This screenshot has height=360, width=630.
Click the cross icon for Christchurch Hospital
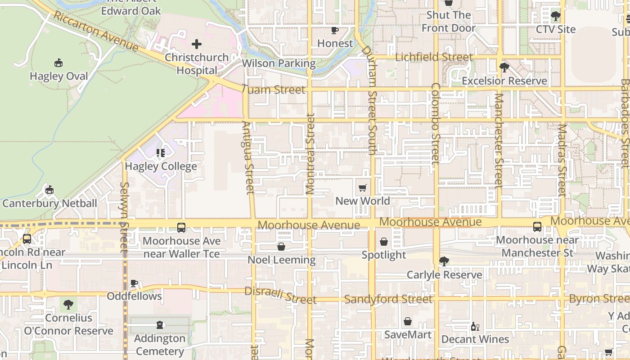(197, 44)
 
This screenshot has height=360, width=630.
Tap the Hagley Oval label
(59, 76)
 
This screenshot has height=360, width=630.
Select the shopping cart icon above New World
(363, 188)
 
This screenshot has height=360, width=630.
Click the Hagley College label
(161, 166)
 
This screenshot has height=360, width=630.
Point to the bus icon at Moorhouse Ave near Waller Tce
(181, 228)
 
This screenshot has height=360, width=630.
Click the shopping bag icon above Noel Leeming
(281, 247)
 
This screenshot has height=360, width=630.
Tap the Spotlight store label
(384, 255)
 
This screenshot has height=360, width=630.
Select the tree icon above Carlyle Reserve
(444, 261)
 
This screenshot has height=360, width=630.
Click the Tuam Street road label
(273, 90)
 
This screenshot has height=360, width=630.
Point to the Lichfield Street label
(434, 57)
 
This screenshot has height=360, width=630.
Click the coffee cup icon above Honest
(335, 30)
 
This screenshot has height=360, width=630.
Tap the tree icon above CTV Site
(556, 16)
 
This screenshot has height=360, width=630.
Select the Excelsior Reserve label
(504, 81)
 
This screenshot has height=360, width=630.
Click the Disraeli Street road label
(280, 295)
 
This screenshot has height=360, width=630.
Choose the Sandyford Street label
(388, 299)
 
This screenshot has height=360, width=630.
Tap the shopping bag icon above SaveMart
(408, 321)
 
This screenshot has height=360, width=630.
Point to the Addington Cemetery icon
(160, 325)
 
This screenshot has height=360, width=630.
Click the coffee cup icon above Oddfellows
(134, 283)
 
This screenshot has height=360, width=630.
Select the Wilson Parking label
(279, 63)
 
